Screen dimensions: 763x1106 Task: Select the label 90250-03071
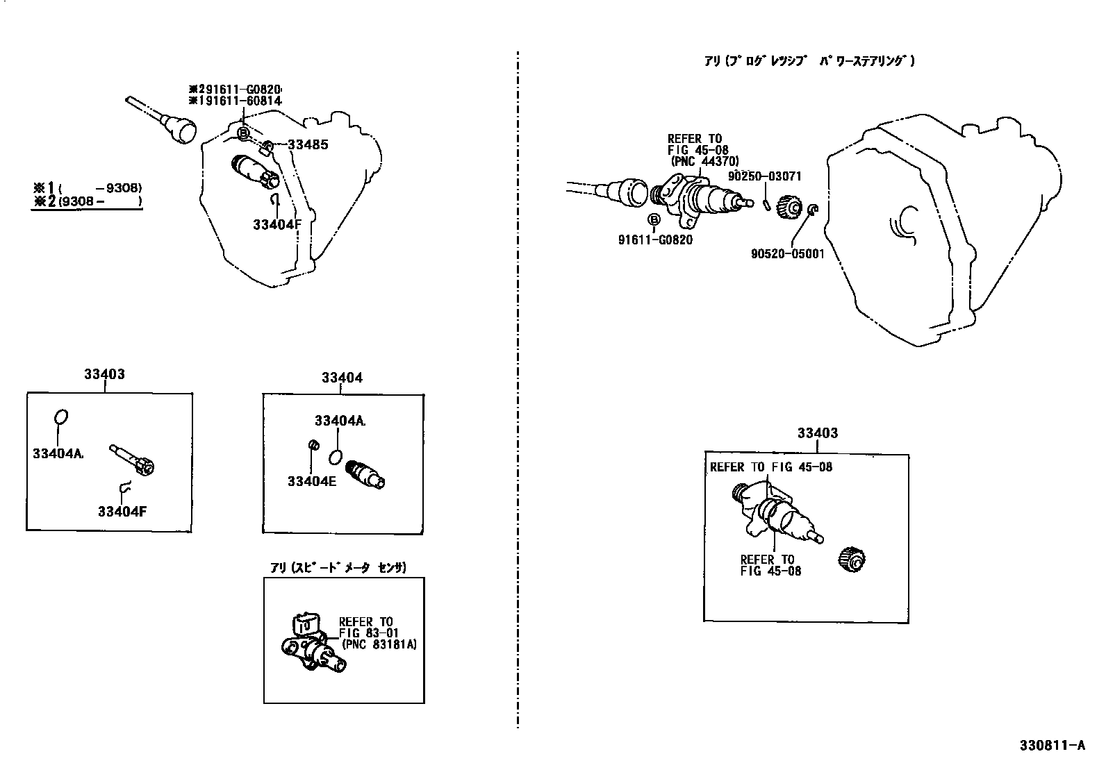click(764, 176)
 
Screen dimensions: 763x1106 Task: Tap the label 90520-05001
click(787, 253)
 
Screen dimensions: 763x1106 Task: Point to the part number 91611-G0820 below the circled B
click(655, 240)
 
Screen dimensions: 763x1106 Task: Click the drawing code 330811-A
click(1052, 746)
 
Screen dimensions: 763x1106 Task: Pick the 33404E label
click(311, 481)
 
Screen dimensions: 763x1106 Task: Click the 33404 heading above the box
click(342, 378)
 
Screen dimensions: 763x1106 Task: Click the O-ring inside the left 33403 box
click(60, 417)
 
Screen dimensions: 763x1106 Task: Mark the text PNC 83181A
click(382, 644)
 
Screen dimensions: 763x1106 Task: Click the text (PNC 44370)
click(704, 161)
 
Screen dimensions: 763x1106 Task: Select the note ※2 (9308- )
click(86, 202)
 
